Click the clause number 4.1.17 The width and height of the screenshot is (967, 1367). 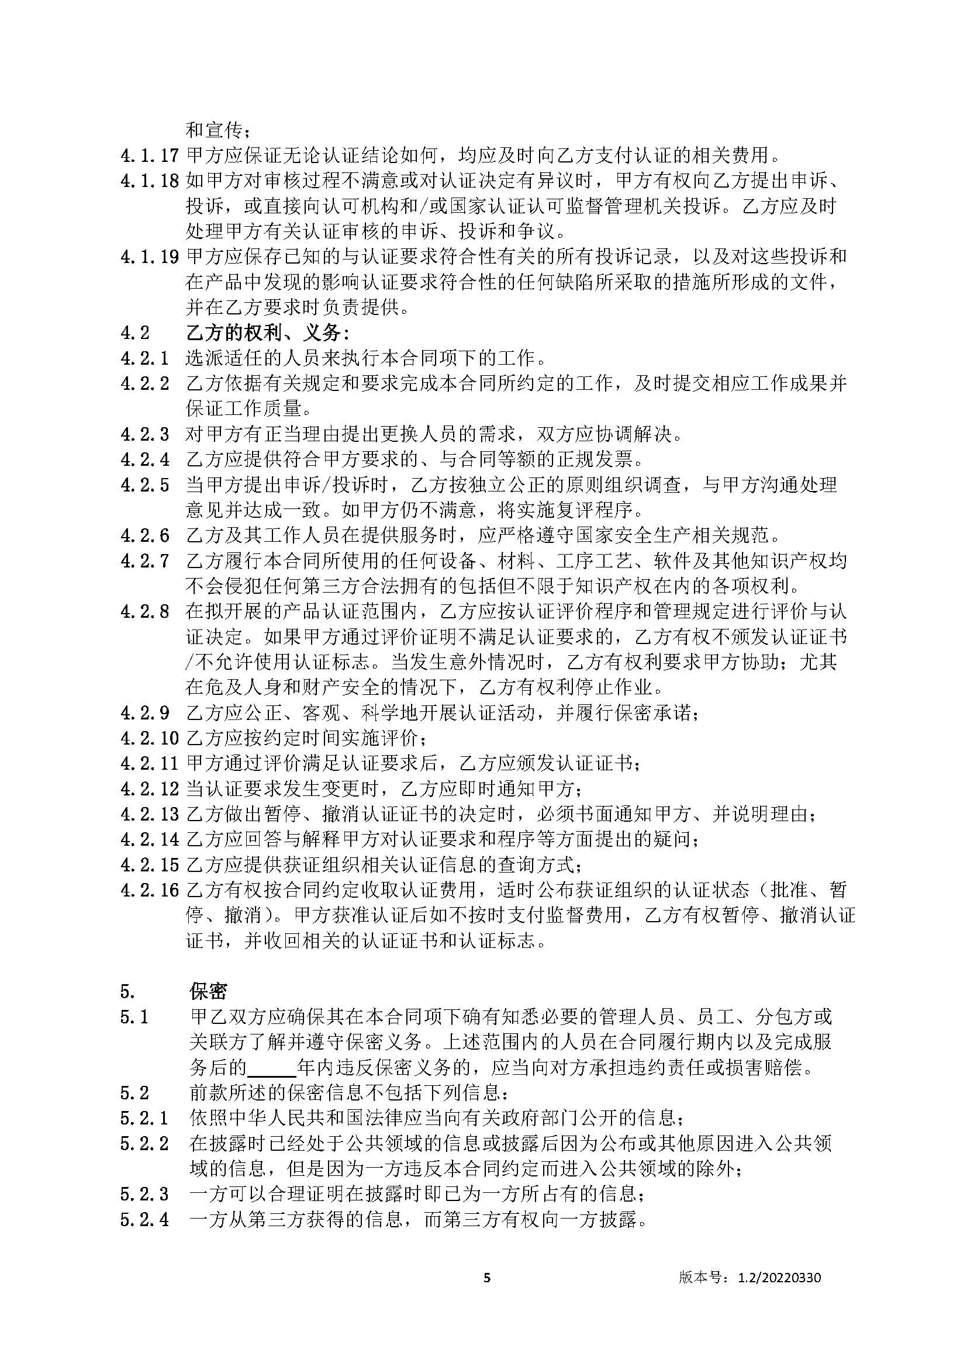(150, 156)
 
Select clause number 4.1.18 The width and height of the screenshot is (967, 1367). (150, 181)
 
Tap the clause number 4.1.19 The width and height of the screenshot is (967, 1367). (150, 257)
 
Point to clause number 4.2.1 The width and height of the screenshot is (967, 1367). (144, 358)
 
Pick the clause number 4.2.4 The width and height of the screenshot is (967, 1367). (144, 459)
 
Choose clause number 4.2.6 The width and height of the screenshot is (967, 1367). (144, 536)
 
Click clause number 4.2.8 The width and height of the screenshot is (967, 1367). (144, 611)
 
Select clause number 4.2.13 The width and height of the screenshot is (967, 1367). (150, 814)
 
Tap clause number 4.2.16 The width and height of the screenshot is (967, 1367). (150, 890)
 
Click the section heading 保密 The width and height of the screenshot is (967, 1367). (208, 991)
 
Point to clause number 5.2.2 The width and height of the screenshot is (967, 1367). (144, 1144)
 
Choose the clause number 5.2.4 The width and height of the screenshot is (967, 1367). (144, 1219)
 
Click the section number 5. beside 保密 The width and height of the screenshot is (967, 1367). (127, 991)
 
